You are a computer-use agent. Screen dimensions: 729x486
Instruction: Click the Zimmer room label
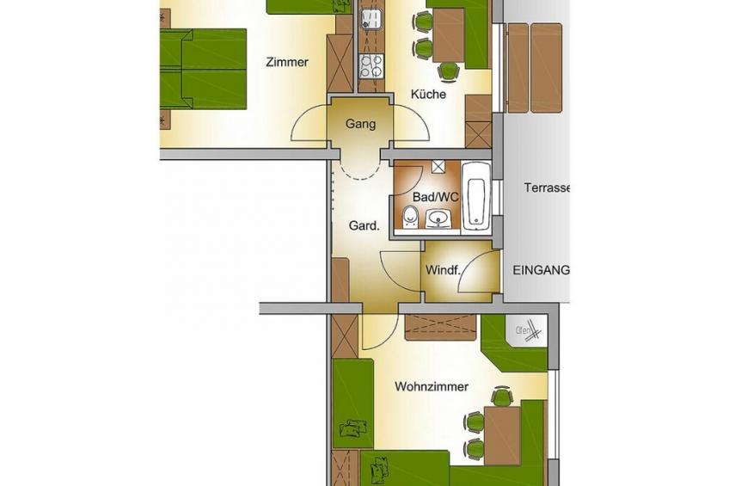tap(287, 62)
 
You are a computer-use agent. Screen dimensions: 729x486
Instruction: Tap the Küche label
tap(428, 95)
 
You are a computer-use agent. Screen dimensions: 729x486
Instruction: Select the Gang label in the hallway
tap(360, 124)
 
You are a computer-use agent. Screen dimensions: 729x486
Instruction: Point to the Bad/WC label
tap(436, 197)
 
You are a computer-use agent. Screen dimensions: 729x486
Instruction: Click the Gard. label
tap(364, 226)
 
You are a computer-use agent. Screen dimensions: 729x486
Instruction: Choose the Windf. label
tap(442, 270)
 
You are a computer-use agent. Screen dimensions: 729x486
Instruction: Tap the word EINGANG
tap(541, 270)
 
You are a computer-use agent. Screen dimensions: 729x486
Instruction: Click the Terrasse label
tap(547, 188)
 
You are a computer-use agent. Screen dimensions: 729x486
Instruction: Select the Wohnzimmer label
tap(432, 386)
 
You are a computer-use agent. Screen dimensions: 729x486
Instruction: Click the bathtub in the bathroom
tap(476, 195)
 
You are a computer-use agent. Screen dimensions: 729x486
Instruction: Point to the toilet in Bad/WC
tap(410, 217)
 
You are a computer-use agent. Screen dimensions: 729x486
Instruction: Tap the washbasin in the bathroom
tap(438, 219)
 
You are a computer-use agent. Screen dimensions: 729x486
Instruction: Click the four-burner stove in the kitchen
tap(371, 65)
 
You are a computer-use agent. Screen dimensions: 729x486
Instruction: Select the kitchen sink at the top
tap(371, 17)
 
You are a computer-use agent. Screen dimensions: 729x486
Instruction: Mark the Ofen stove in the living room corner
tap(527, 332)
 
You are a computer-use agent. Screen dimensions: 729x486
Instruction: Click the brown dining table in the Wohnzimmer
tap(502, 436)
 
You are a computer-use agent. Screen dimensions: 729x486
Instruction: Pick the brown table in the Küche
tap(448, 35)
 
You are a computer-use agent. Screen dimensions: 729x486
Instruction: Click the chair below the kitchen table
tap(449, 71)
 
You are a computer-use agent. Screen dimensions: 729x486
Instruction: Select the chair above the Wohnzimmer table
tap(502, 396)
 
